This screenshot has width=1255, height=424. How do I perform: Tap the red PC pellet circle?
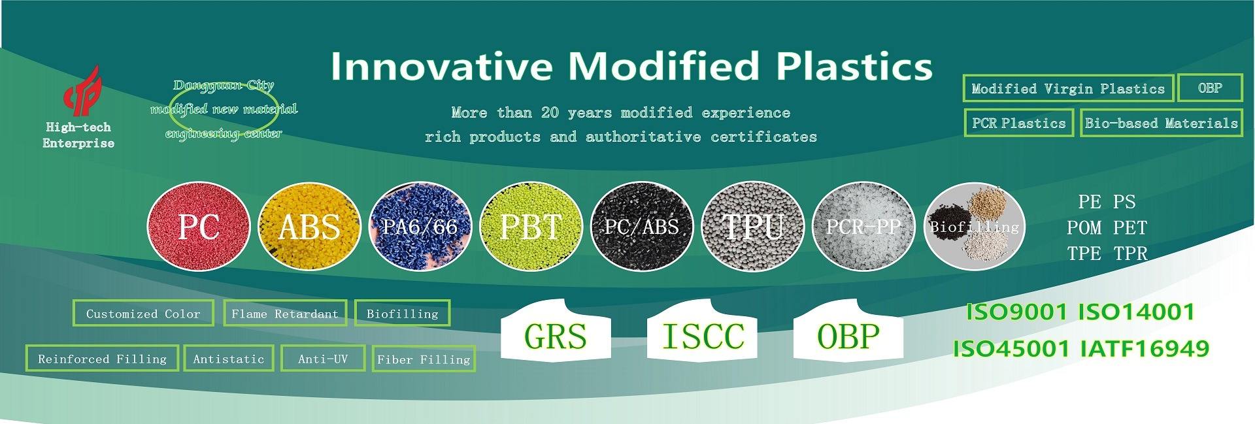pos(199,226)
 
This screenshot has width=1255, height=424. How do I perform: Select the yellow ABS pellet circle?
pos(309,226)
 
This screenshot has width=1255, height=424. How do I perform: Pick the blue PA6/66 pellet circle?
pos(420,226)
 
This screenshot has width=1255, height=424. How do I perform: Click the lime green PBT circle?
pos(531,226)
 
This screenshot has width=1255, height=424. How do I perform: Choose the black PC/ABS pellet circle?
pos(641,226)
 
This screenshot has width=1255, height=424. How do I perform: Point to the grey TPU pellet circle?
pos(752,226)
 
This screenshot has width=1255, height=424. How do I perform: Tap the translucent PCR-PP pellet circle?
pos(863,226)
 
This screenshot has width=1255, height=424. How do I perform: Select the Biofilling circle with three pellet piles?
pos(974,226)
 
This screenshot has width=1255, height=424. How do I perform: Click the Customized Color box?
pos(143,314)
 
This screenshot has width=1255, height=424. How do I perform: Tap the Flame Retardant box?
pos(284,314)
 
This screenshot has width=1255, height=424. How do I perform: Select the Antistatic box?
pos(229,358)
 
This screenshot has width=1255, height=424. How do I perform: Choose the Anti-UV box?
pos(323,358)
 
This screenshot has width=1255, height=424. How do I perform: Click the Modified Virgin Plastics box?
pos(1068,88)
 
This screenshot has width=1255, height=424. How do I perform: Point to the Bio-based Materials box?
pos(1162,123)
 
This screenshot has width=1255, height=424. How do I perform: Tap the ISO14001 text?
pos(1136,312)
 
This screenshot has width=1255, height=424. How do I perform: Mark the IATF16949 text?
pos(1145,348)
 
